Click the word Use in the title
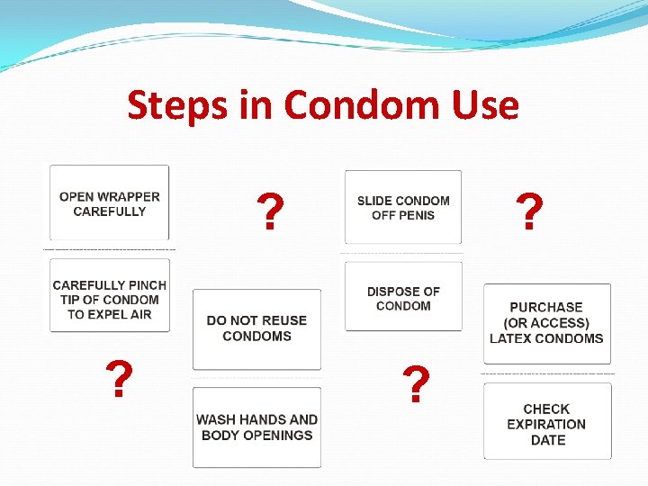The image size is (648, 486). tap(489, 105)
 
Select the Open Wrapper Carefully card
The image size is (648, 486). tap(110, 204)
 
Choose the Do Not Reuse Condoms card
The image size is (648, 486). tap(256, 328)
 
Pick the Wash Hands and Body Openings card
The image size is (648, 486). tap(256, 427)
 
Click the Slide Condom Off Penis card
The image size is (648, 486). tap(403, 208)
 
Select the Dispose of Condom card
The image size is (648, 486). tap(403, 298)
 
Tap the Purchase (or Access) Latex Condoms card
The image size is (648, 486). tap(546, 323)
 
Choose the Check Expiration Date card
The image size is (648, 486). tap(546, 423)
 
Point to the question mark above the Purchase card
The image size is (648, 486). tap(530, 212)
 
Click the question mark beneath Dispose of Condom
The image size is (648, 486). tap(415, 384)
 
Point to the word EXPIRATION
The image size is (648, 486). tap(546, 424)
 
